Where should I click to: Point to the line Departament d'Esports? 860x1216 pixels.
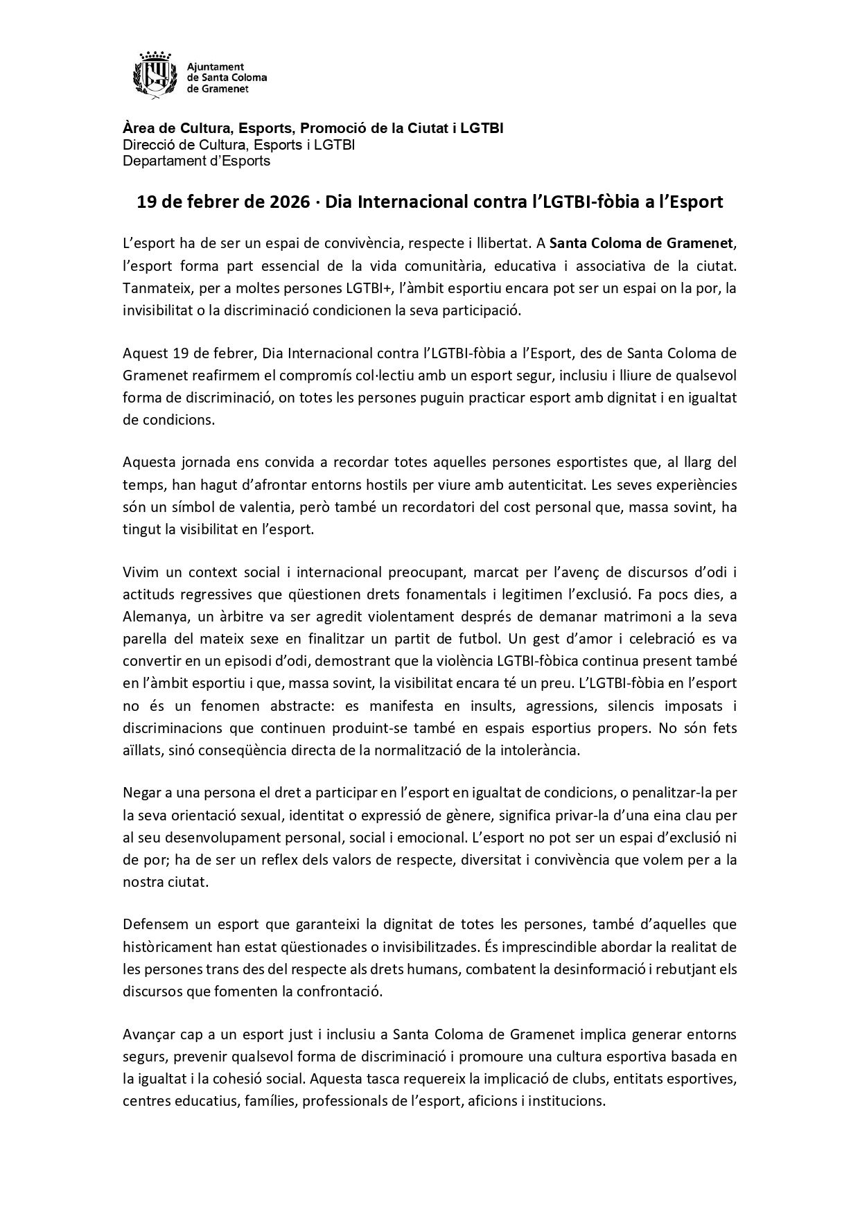196,161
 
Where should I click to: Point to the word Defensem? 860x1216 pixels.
152,924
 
